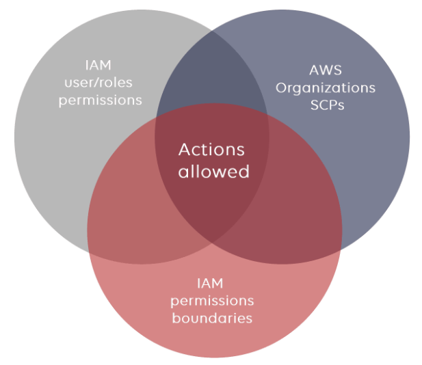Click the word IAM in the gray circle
pyautogui.click(x=100, y=67)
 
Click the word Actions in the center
pyautogui.click(x=211, y=150)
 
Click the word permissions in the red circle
pyautogui.click(x=212, y=301)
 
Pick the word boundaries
pyautogui.click(x=212, y=318)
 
